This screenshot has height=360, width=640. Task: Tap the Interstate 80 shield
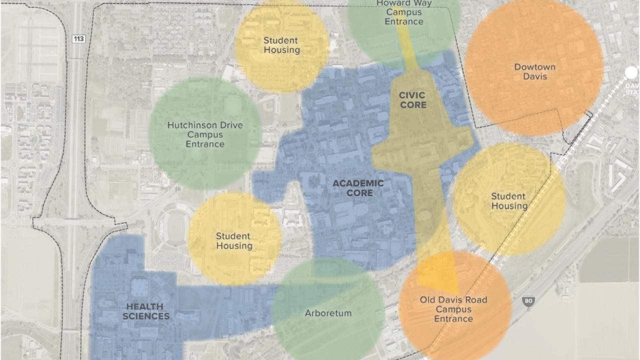click(x=527, y=301)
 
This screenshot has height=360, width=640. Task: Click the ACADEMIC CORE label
click(x=358, y=188)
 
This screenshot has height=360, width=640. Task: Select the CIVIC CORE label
click(x=413, y=100)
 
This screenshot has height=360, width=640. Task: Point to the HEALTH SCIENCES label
click(x=146, y=311)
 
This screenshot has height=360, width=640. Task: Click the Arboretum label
click(x=328, y=313)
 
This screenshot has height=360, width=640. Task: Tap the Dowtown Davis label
click(x=534, y=71)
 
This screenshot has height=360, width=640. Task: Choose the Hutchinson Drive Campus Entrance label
click(x=205, y=134)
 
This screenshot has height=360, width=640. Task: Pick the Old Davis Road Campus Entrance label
click(x=453, y=309)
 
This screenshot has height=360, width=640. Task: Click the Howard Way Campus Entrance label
click(x=404, y=12)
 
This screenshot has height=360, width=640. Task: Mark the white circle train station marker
click(x=631, y=73)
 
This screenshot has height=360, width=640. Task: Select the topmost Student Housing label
click(x=281, y=45)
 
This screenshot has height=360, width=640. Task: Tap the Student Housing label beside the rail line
click(x=509, y=201)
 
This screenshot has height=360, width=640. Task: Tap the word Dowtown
click(x=534, y=67)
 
